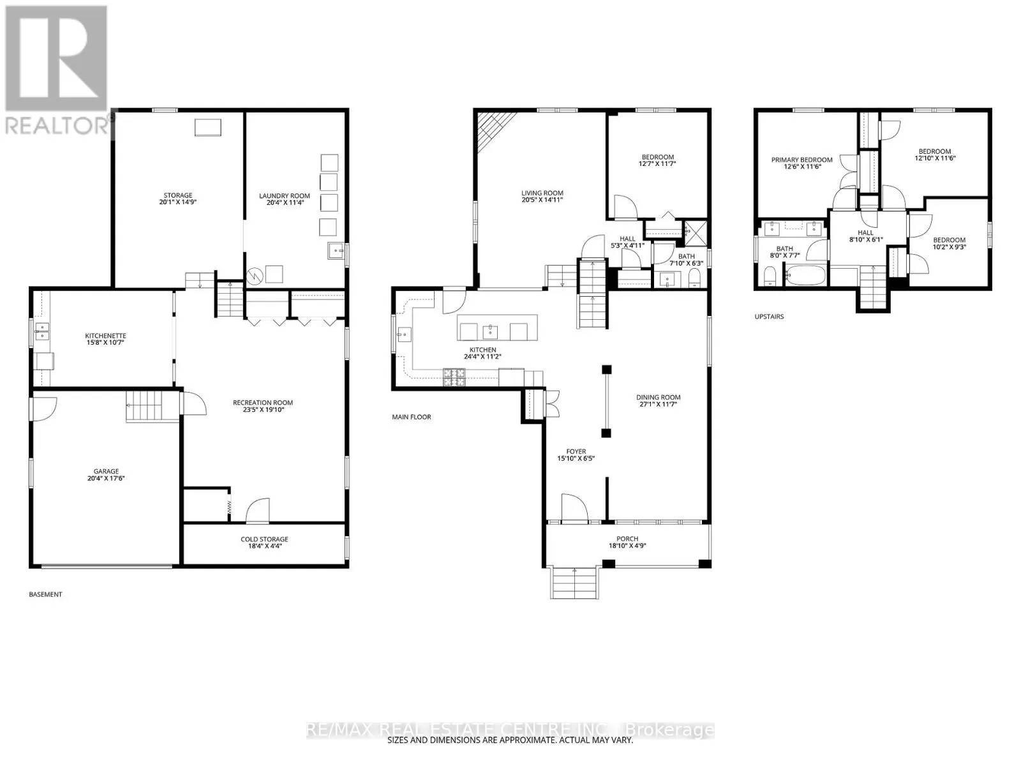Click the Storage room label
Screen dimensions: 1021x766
(x=177, y=195)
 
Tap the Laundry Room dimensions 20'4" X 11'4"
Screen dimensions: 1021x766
(x=284, y=203)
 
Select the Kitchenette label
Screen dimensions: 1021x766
(x=105, y=336)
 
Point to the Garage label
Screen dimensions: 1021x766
(x=106, y=471)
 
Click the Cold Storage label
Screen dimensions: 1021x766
(x=264, y=539)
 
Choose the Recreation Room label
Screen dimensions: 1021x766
(x=263, y=403)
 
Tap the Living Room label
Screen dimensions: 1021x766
(x=542, y=193)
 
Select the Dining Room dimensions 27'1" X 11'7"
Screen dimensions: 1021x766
(x=658, y=404)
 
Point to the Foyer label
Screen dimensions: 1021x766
(x=576, y=451)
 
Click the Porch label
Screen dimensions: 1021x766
(x=627, y=539)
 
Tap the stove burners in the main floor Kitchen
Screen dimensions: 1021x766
(x=454, y=377)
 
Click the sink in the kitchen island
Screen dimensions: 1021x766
(x=490, y=332)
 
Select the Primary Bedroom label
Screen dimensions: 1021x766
(x=802, y=160)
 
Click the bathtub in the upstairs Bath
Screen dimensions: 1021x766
(x=805, y=275)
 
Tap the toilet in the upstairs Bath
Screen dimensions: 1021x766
(x=770, y=276)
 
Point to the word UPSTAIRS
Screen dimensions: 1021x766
(x=769, y=317)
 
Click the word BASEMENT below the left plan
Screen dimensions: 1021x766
(x=45, y=594)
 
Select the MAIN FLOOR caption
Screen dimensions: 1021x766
(x=411, y=417)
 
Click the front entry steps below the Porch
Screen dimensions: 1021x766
(x=574, y=583)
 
